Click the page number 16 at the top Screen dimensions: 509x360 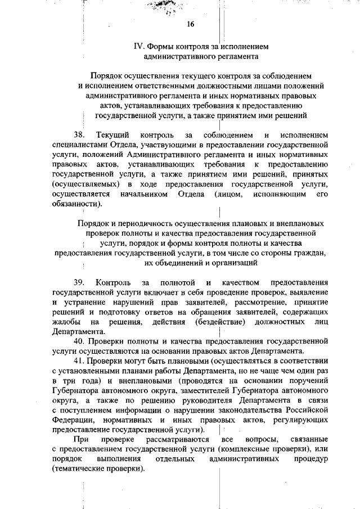pos(191,24)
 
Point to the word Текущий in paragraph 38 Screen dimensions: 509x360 pos(112,135)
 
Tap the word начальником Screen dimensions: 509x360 pos(144,194)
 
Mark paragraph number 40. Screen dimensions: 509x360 pos(79,341)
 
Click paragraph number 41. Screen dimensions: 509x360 pos(79,360)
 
